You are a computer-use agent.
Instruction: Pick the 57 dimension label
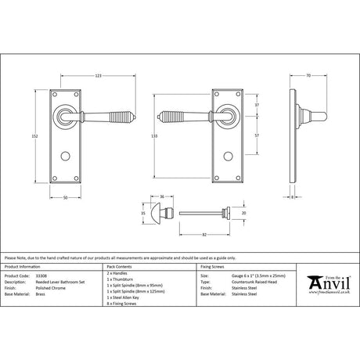tap(257, 135)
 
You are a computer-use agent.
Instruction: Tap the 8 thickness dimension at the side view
tap(293, 197)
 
